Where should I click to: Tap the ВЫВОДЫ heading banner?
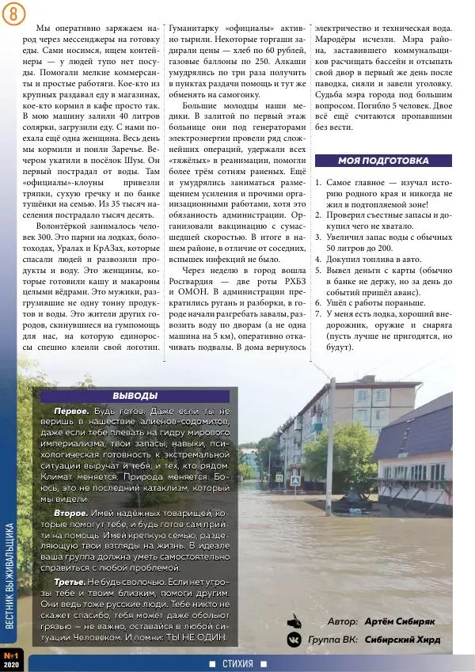point(135,396)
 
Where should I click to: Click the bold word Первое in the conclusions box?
point(70,412)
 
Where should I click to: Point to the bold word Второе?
point(70,514)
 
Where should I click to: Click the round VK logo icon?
point(294,639)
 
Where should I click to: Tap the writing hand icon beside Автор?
point(294,620)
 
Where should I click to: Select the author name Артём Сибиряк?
point(399,621)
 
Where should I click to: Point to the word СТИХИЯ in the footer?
point(237,663)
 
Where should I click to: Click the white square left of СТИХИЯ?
point(212,663)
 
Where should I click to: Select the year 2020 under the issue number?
point(11,666)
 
